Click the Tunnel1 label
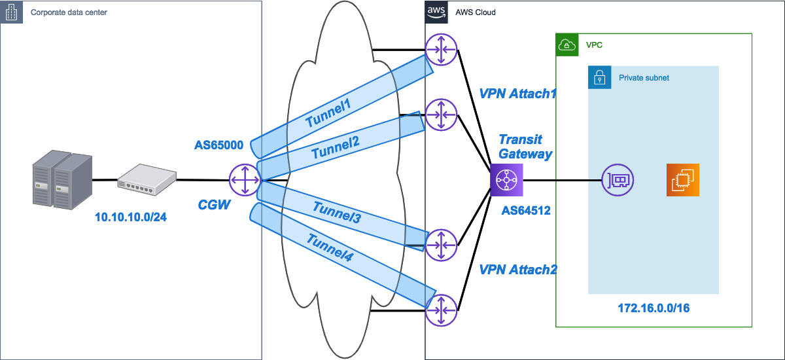pyautogui.click(x=329, y=112)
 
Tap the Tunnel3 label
pyautogui.click(x=337, y=212)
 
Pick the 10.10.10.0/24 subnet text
pyautogui.click(x=130, y=217)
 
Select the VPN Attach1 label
pyautogui.click(x=517, y=94)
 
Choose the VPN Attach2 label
pyautogui.click(x=517, y=269)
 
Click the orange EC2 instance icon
pyautogui.click(x=683, y=179)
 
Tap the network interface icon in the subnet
pyautogui.click(x=617, y=179)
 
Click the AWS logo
pyautogui.click(x=436, y=12)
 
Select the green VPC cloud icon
pyautogui.click(x=566, y=45)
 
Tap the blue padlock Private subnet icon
pyautogui.click(x=599, y=77)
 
